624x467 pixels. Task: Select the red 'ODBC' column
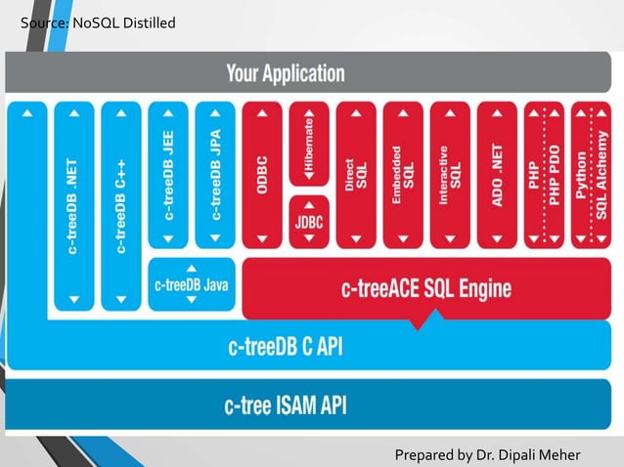pos(262,176)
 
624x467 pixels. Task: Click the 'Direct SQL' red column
pos(356,176)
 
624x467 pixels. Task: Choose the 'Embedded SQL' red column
pos(403,176)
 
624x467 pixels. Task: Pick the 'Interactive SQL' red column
pos(450,176)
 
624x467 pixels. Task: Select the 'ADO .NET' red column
pos(497,176)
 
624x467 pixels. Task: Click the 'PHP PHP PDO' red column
pos(544,176)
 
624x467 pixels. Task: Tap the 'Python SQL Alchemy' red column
pos(590,176)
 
